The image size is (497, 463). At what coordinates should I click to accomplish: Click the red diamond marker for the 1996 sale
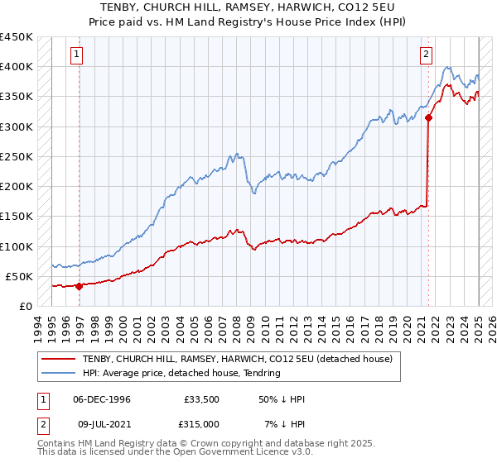(x=80, y=287)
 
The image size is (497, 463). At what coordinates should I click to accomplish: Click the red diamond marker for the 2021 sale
(x=429, y=118)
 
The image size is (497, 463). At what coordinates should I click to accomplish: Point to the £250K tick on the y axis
(x=16, y=156)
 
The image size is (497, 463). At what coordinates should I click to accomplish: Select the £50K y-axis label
(x=19, y=276)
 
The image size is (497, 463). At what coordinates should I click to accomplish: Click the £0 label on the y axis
(x=26, y=306)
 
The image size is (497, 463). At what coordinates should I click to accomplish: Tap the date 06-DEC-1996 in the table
(x=101, y=399)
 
